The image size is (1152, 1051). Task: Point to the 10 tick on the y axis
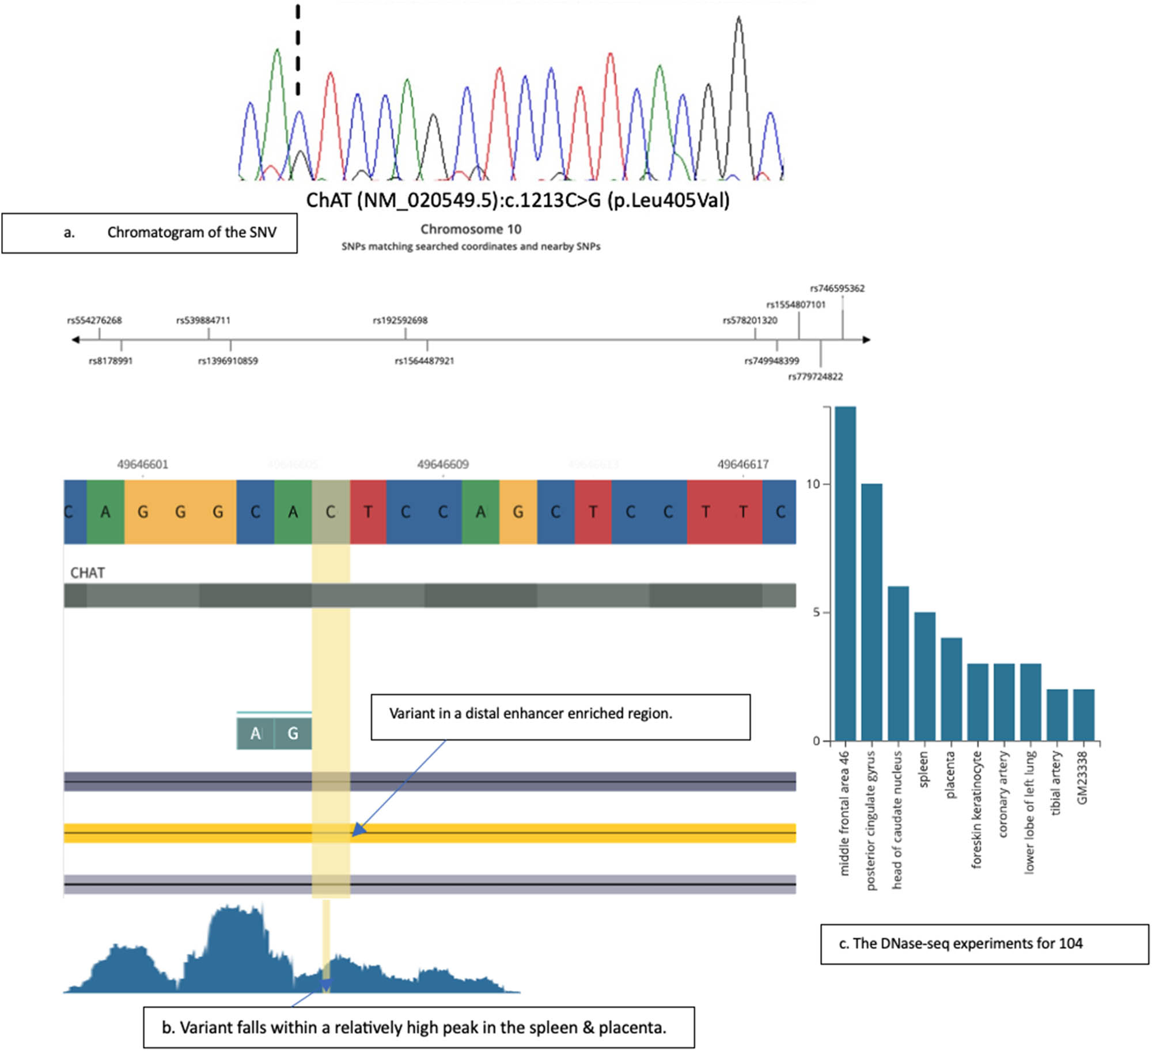pos(813,484)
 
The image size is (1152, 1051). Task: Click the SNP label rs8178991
pos(111,361)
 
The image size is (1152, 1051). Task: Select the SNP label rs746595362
pos(837,289)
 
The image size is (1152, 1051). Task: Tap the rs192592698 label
pos(400,320)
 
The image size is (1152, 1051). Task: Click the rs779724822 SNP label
pos(815,377)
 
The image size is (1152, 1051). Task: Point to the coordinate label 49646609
pos(442,464)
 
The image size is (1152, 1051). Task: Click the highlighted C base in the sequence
pos(331,512)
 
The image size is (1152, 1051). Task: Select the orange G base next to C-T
pos(518,512)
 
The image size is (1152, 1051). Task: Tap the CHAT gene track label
pos(88,573)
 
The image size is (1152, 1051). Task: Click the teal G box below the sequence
pos(293,733)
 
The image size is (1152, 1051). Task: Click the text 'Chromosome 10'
pos(471,229)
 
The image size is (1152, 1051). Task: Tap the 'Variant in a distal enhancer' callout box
pos(560,716)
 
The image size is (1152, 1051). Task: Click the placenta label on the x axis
pos(950,775)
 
